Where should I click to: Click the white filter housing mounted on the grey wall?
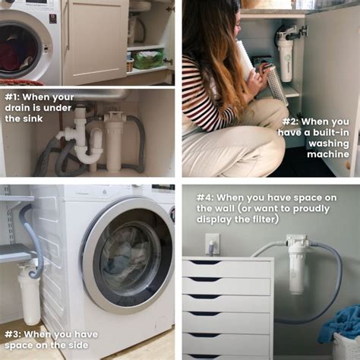pyautogui.click(x=296, y=266)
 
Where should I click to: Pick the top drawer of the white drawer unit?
pyautogui.click(x=226, y=267)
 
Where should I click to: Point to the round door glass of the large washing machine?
pyautogui.click(x=130, y=254)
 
